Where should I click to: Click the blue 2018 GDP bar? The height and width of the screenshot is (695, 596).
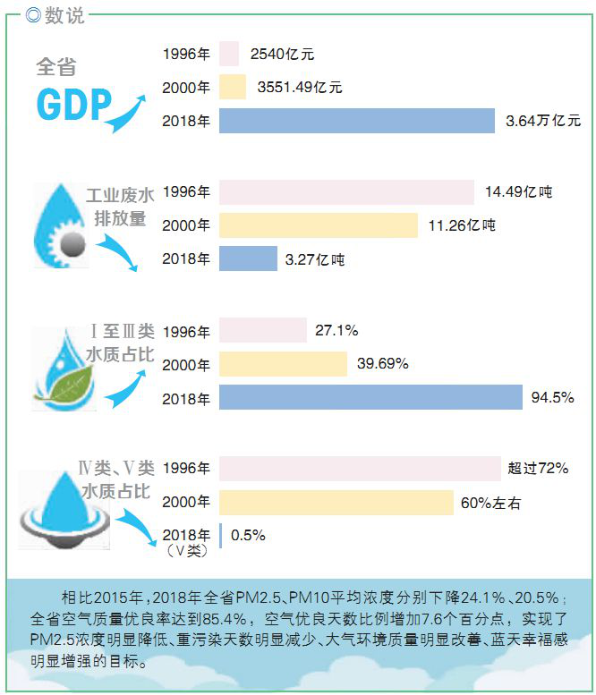[x=356, y=121]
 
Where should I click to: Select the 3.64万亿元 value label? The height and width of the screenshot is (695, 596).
[x=542, y=121]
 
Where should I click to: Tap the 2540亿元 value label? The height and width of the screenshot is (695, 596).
[x=282, y=55]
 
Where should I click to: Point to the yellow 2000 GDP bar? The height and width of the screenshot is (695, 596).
[x=232, y=88]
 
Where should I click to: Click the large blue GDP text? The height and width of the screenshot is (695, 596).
[x=73, y=106]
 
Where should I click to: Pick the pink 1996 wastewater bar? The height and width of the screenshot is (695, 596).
[x=346, y=191]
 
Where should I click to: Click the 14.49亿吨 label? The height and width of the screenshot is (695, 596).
[x=519, y=191]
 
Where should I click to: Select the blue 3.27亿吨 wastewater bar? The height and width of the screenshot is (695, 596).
[x=248, y=259]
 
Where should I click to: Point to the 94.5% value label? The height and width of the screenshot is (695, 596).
[x=552, y=397]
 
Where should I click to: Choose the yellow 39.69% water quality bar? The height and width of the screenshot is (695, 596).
[x=283, y=364]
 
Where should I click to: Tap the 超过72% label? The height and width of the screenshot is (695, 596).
[x=537, y=468]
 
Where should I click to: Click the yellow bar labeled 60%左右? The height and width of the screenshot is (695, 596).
[x=336, y=503]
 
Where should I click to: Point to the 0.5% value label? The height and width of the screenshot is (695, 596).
[x=248, y=535]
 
